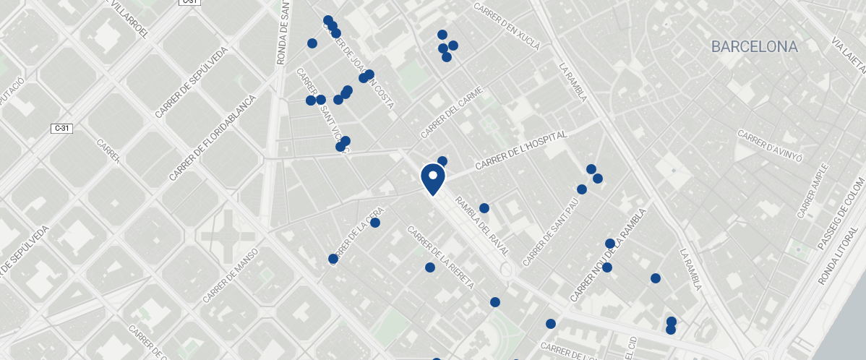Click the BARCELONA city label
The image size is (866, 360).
coord(754,47)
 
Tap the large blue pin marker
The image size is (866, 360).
coord(432,179)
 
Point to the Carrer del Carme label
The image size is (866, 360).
coord(451,113)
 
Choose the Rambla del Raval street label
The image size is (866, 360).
coord(481,226)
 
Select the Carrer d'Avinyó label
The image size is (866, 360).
coord(770,146)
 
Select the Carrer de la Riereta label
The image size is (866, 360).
coord(441,258)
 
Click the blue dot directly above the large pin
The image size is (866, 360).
coord(442,160)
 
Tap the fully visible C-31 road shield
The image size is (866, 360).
coord(62,128)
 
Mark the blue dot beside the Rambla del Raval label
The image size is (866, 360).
coord(484,208)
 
